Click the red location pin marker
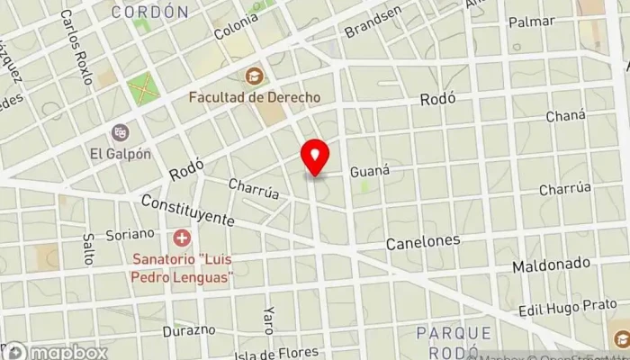(315, 157)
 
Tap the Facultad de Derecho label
(247, 95)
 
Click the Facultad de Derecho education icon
(255, 76)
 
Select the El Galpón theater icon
(120, 133)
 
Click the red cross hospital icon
(183, 238)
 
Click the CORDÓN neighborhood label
(150, 12)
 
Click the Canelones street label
(423, 242)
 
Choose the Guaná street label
(368, 169)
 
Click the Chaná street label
(565, 116)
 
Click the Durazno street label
(189, 330)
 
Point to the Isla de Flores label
(270, 353)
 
